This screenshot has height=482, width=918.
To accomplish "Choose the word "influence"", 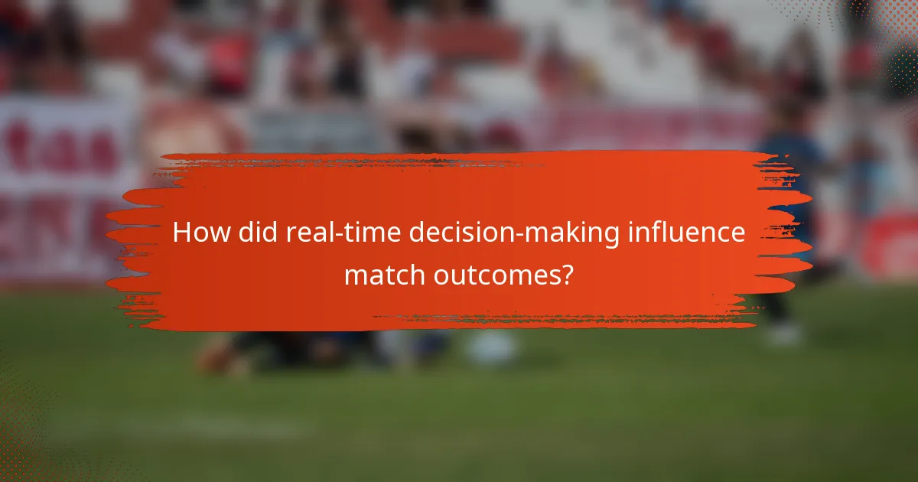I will [x=685, y=233].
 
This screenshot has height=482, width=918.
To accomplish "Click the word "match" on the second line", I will [x=383, y=274].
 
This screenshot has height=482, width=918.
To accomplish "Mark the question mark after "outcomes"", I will [x=566, y=274].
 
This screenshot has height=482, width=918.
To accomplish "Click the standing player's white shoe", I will [x=784, y=333].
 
